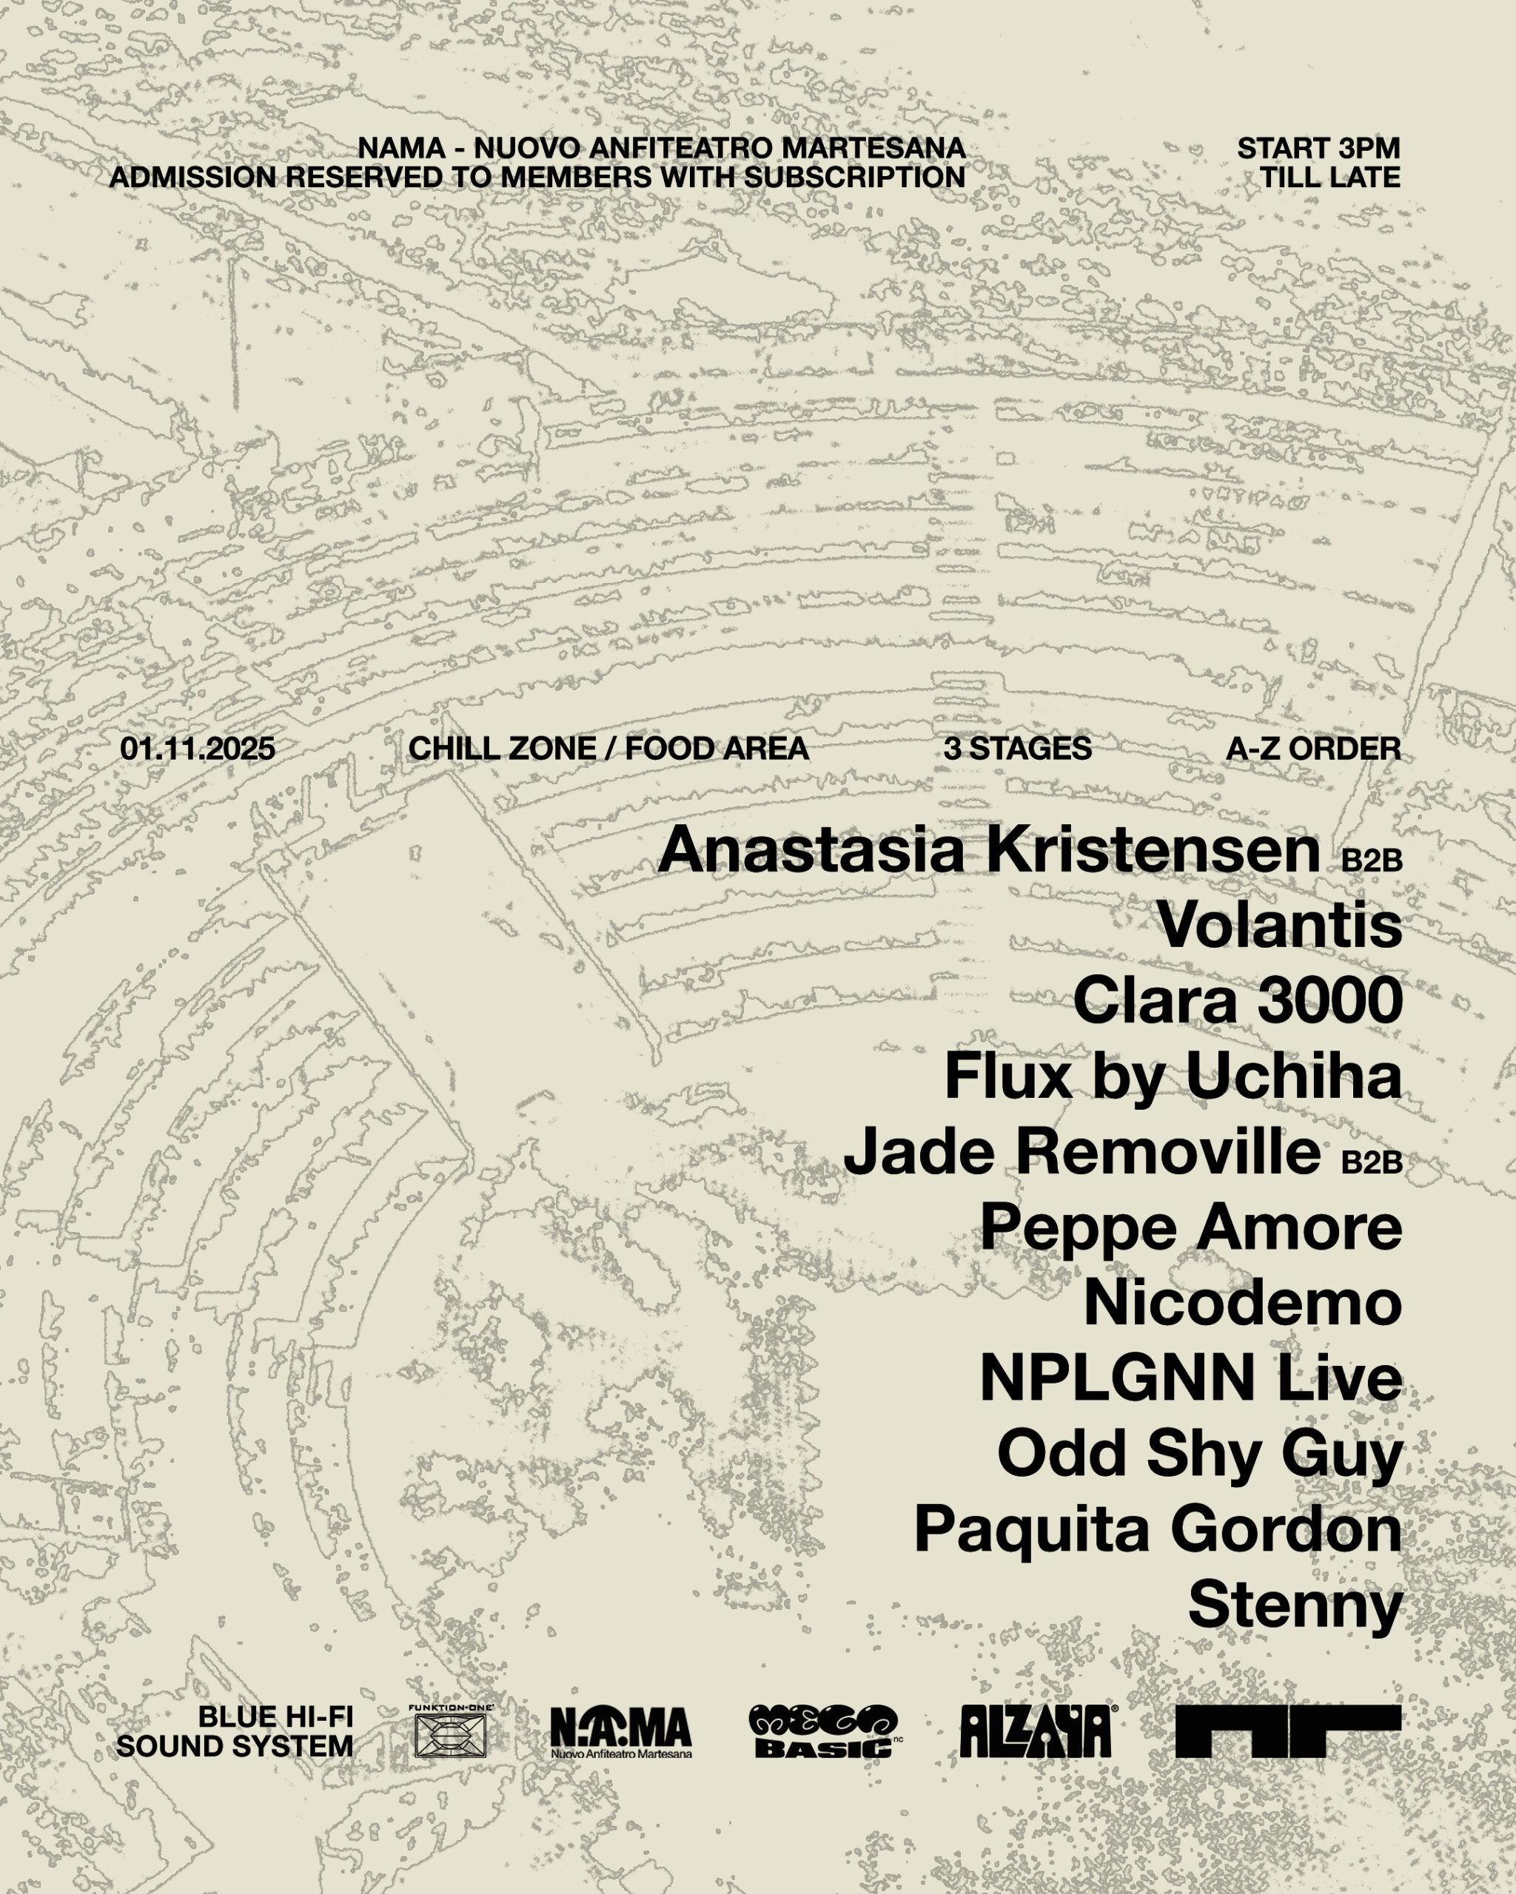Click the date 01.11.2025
pyautogui.click(x=198, y=749)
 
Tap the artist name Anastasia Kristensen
pyautogui.click(x=989, y=850)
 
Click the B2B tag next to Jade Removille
pyautogui.click(x=1371, y=1162)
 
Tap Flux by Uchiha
pyautogui.click(x=1173, y=1076)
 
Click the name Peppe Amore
pyautogui.click(x=1191, y=1227)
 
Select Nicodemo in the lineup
pyautogui.click(x=1243, y=1303)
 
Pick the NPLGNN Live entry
pyautogui.click(x=1191, y=1378)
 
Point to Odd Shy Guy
pyautogui.click(x=1200, y=1455)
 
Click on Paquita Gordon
pyautogui.click(x=1158, y=1530)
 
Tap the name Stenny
pyautogui.click(x=1295, y=1606)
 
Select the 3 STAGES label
pyautogui.click(x=1018, y=749)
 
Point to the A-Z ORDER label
pyautogui.click(x=1313, y=749)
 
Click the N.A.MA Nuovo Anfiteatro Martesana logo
pyautogui.click(x=620, y=1731)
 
